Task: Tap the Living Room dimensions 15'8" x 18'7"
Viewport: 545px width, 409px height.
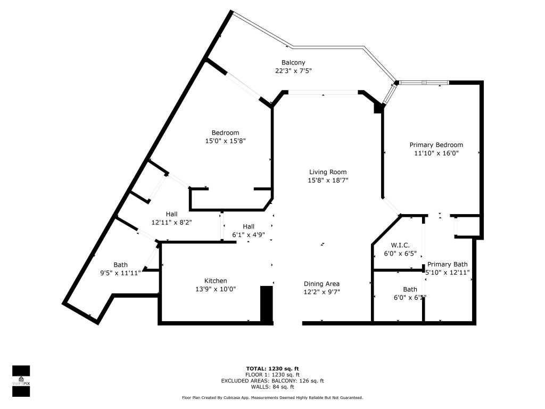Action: coord(328,181)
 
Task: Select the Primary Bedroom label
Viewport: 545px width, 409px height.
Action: coord(436,145)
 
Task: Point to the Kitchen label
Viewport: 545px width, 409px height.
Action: coord(216,281)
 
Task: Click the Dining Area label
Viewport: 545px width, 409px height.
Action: coord(321,284)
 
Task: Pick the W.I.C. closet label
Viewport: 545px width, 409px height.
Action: coord(400,245)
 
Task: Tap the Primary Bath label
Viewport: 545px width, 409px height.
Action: coord(447,264)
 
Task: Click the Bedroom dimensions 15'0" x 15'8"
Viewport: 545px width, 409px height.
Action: coord(225,141)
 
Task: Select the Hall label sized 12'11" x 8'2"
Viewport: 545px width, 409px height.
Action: coord(171,214)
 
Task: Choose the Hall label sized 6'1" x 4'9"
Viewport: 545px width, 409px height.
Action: coord(248,226)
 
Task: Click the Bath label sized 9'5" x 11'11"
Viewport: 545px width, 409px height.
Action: coord(120,265)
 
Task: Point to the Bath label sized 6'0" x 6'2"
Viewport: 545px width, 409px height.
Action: coord(410,289)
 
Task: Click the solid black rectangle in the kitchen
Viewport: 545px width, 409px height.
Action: coord(266,304)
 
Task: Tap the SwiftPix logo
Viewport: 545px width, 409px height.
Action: coord(21,381)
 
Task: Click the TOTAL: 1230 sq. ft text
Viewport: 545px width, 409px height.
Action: coord(272,369)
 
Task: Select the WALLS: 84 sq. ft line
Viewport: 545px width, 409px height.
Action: coord(272,387)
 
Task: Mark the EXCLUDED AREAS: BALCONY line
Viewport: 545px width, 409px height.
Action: coord(272,381)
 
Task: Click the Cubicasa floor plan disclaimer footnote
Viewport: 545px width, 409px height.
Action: coord(272,398)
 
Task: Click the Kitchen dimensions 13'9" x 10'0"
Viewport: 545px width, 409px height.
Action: coord(216,289)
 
